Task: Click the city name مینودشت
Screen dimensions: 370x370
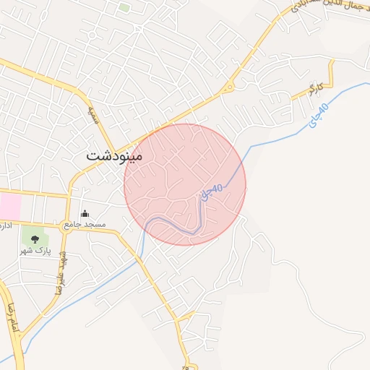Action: point(114,155)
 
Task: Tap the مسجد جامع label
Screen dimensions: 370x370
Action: point(85,225)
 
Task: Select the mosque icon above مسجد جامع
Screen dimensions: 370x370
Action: point(85,213)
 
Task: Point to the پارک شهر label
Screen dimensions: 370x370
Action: point(35,250)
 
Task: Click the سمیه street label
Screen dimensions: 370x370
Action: point(92,116)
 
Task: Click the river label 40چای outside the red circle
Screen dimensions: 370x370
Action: point(318,116)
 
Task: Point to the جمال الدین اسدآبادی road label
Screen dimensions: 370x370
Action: point(325,11)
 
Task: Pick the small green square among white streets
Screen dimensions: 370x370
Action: point(124,8)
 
